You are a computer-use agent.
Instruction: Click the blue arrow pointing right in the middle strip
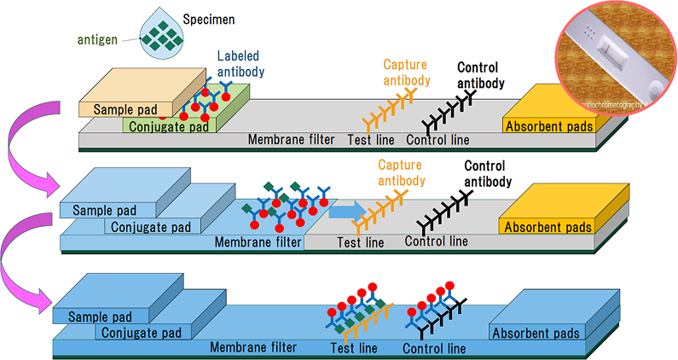346,210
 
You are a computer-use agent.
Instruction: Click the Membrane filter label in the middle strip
258,242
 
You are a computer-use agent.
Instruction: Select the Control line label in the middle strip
436,241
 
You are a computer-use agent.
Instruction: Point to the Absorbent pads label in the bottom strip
536,334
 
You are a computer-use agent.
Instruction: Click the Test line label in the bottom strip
353,348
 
